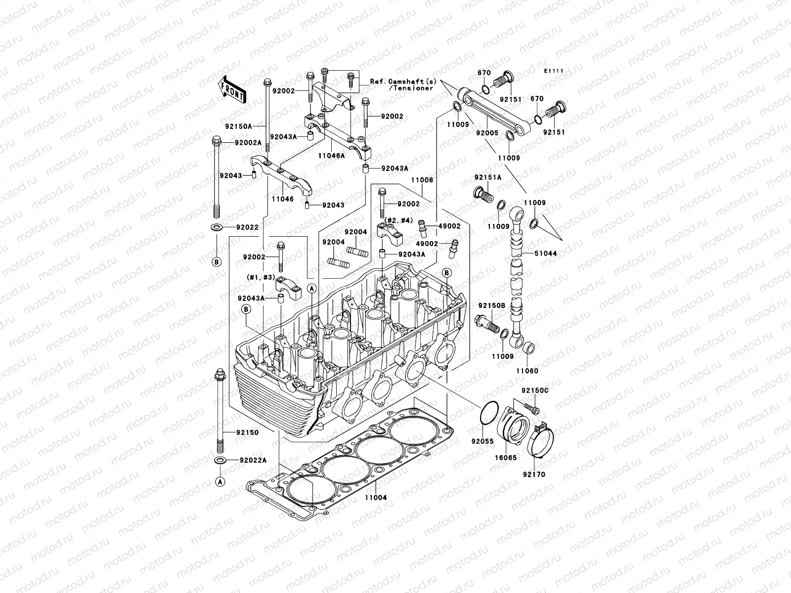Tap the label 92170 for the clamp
pyautogui.click(x=535, y=474)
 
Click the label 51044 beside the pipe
pyautogui.click(x=545, y=254)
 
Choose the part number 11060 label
pyautogui.click(x=527, y=371)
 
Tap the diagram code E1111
pyautogui.click(x=554, y=72)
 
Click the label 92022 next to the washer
pyautogui.click(x=247, y=227)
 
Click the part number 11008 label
pyautogui.click(x=423, y=180)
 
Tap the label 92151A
pyautogui.click(x=488, y=177)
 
